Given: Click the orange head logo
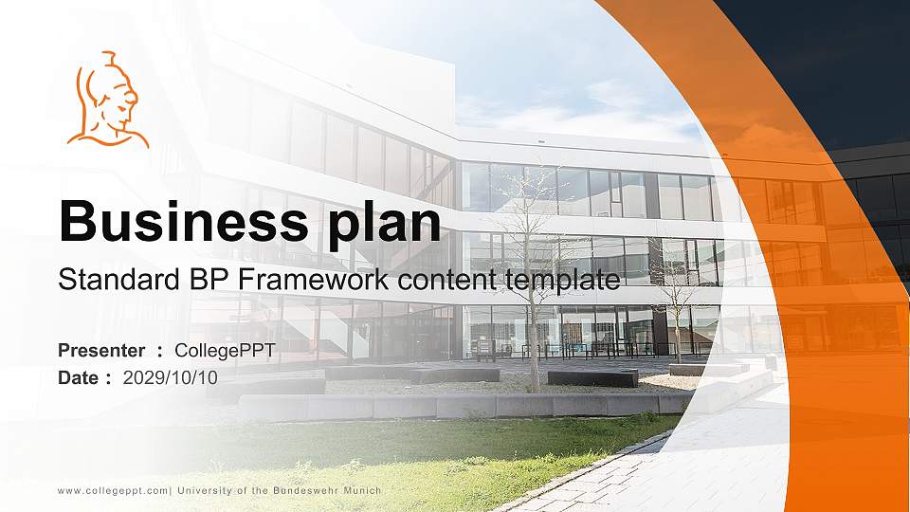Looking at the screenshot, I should tap(107, 101).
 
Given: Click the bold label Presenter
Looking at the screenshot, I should tap(101, 351).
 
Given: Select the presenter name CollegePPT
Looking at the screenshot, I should tap(226, 351).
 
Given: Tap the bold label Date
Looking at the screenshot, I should tap(79, 377).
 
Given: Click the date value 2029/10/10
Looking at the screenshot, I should tap(171, 377).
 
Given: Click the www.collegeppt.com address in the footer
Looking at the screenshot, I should tap(112, 490).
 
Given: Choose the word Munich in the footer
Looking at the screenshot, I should tap(363, 490).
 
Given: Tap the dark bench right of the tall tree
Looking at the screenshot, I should tap(592, 377).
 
